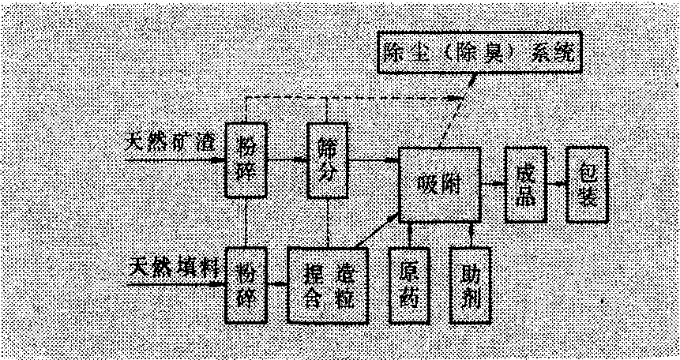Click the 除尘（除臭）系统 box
480,53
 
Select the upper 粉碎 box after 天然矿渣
246,159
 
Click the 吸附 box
438,184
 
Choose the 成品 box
526,184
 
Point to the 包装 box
588,185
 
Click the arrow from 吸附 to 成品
493,184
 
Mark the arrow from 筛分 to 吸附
374,161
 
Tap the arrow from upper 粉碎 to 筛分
287,160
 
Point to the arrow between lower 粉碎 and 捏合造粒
276,283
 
